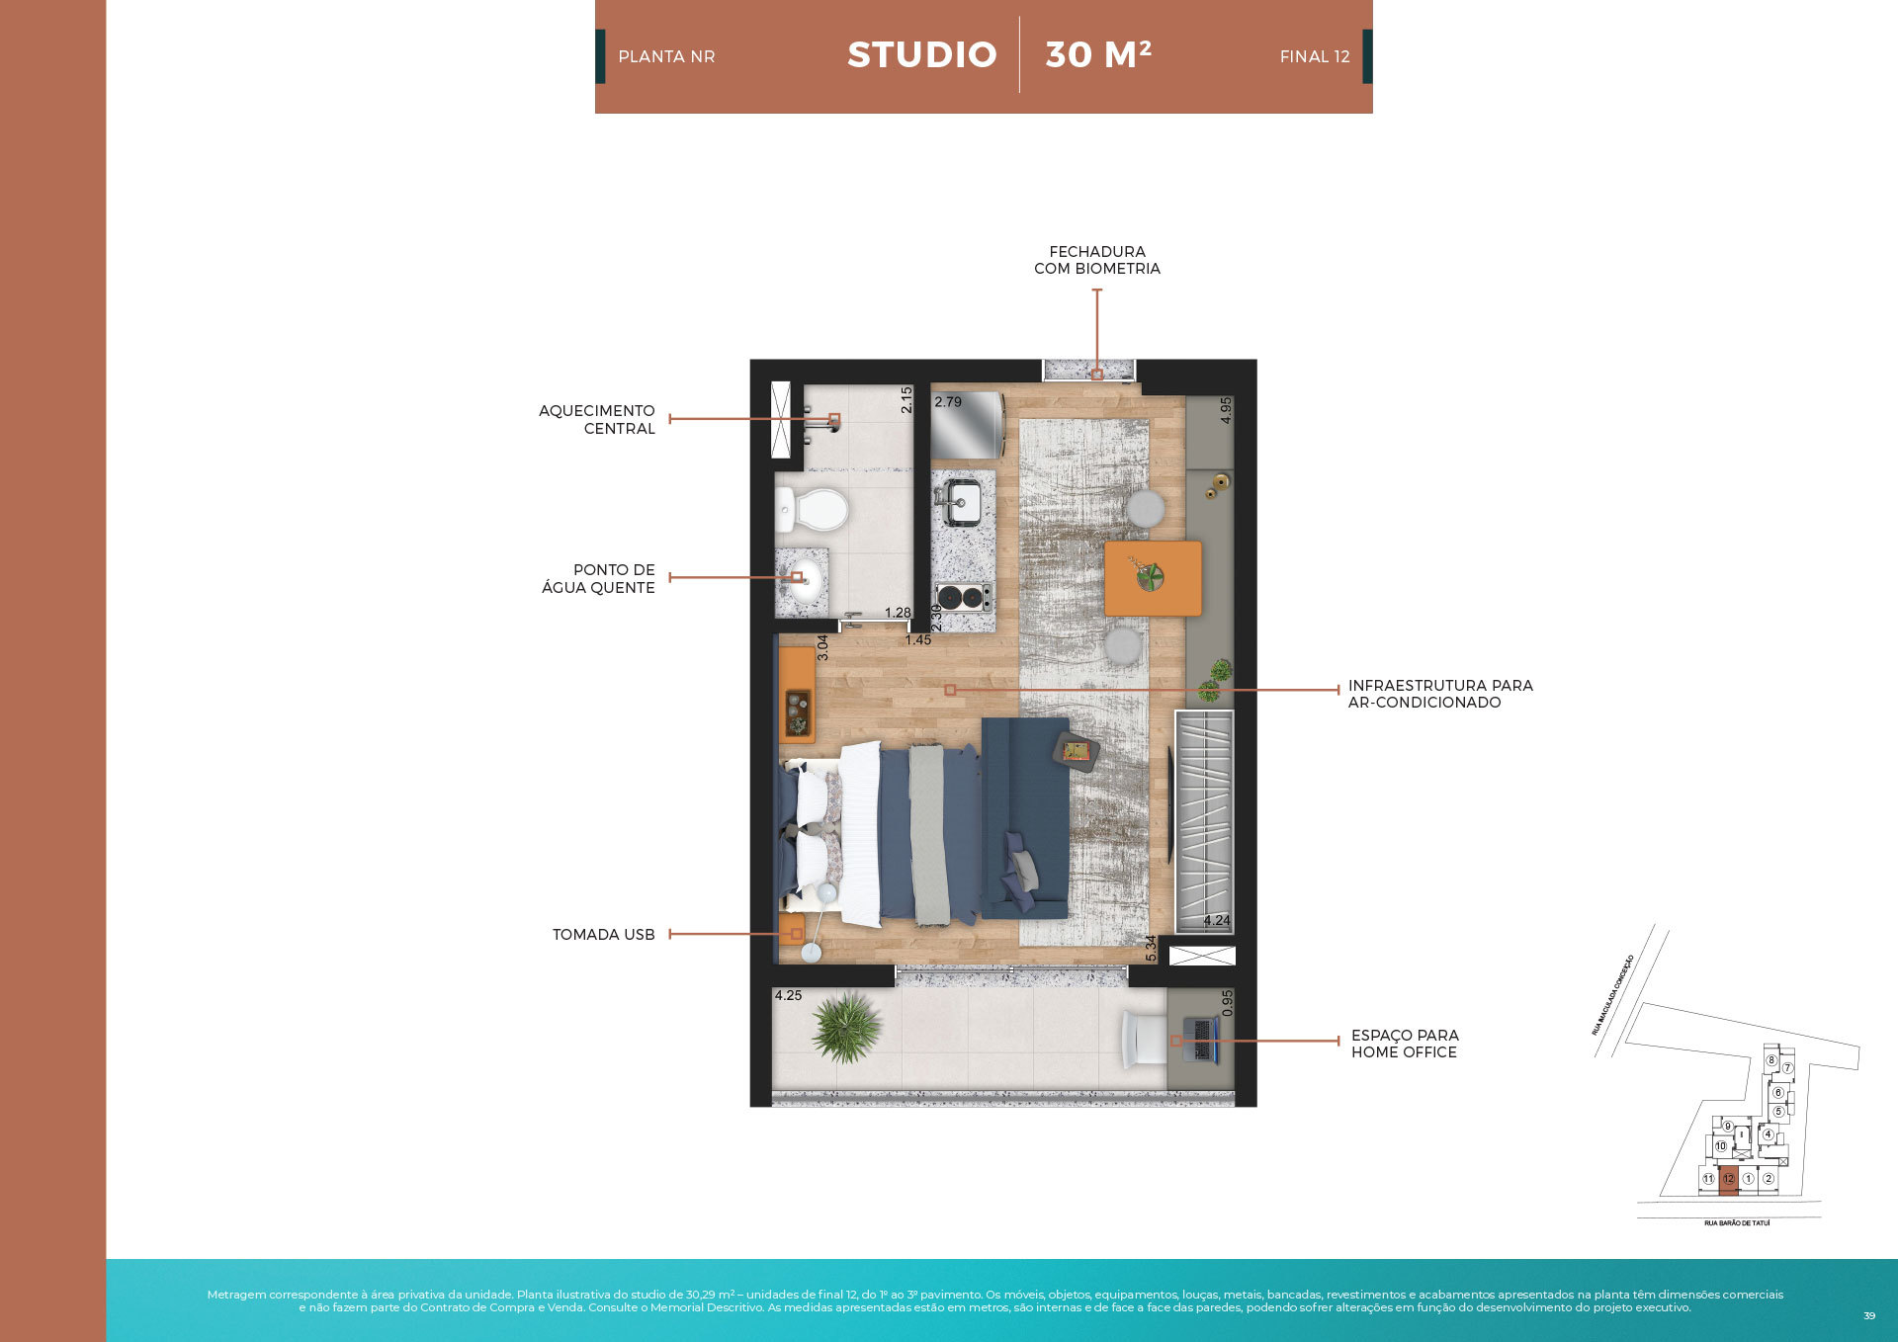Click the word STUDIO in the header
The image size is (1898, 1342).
click(921, 55)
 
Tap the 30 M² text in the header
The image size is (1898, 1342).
click(1098, 55)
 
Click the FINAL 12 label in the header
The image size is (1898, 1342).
click(1314, 57)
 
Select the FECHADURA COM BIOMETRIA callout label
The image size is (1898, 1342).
click(1096, 260)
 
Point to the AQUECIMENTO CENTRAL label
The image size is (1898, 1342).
click(597, 419)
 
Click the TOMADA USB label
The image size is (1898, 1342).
click(603, 935)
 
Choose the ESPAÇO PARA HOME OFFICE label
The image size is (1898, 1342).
click(1404, 1044)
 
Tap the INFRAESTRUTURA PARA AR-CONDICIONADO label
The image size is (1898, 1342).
click(1439, 694)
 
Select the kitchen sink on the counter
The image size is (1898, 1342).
click(960, 502)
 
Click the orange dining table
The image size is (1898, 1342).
click(1153, 578)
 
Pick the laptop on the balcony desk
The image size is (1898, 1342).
click(1201, 1041)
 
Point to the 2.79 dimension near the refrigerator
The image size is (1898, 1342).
click(947, 402)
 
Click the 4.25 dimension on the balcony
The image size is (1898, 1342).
click(788, 996)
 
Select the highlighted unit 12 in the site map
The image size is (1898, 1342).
click(1728, 1179)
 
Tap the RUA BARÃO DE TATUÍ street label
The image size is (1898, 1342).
click(1737, 1223)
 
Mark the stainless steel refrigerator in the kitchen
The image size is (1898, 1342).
click(967, 425)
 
